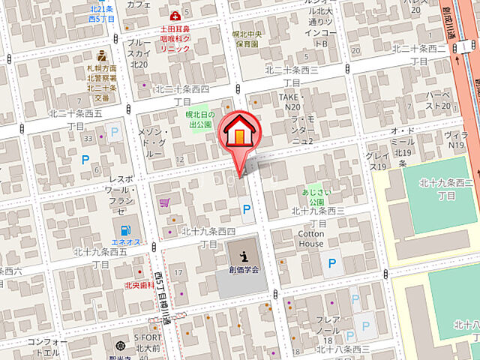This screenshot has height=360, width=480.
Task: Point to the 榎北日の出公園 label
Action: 200,119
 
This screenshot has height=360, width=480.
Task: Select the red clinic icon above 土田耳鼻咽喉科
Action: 175,15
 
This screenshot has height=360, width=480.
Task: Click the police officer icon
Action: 101,57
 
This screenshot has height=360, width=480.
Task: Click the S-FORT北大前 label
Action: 147,343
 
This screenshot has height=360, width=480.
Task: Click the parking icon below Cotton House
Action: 330,263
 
